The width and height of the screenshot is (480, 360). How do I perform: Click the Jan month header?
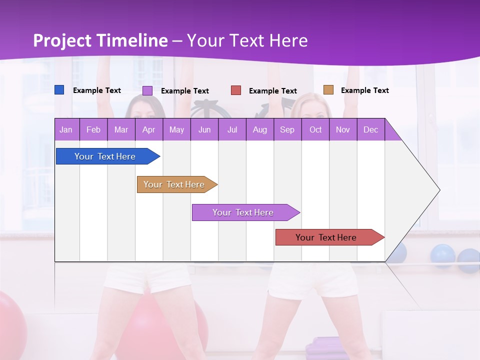[66, 129]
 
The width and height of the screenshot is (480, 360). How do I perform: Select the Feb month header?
[93, 129]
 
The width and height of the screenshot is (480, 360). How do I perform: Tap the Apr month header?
[149, 129]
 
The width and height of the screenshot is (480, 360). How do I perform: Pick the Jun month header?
[204, 129]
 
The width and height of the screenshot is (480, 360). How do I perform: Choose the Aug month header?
[260, 129]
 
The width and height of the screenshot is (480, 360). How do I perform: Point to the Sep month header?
[287, 129]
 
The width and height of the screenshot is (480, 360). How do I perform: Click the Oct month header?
[315, 129]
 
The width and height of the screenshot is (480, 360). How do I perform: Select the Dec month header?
[371, 129]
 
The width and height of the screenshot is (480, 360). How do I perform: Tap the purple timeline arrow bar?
[243, 212]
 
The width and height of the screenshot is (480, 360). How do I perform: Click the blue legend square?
[59, 90]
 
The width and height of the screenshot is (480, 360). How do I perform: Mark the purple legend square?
[147, 90]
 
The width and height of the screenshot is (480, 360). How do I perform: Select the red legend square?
[236, 90]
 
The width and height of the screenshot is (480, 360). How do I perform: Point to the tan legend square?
[328, 90]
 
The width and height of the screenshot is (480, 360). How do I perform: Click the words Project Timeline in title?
[100, 40]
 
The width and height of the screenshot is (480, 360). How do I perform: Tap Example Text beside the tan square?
[365, 90]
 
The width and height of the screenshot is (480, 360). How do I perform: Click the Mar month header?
[121, 129]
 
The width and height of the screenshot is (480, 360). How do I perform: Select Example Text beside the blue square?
[97, 90]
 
